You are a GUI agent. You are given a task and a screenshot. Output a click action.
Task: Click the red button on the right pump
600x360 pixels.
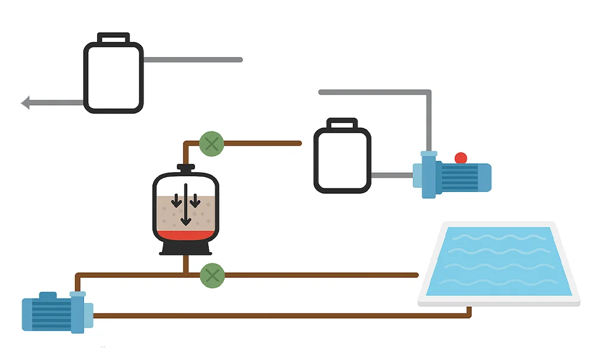(461, 158)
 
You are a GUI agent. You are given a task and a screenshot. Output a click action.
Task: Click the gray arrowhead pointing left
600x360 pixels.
(25, 103)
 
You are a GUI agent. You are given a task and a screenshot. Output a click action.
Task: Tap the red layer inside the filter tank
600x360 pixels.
(185, 235)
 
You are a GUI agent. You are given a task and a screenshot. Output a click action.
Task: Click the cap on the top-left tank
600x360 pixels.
(113, 38)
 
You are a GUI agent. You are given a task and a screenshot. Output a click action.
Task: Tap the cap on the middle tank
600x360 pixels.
(342, 124)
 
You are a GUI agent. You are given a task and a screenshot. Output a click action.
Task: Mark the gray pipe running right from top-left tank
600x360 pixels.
(192, 60)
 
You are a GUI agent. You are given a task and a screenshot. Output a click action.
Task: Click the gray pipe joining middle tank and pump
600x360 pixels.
(391, 176)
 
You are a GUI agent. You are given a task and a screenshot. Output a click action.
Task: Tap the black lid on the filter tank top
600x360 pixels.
(185, 167)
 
